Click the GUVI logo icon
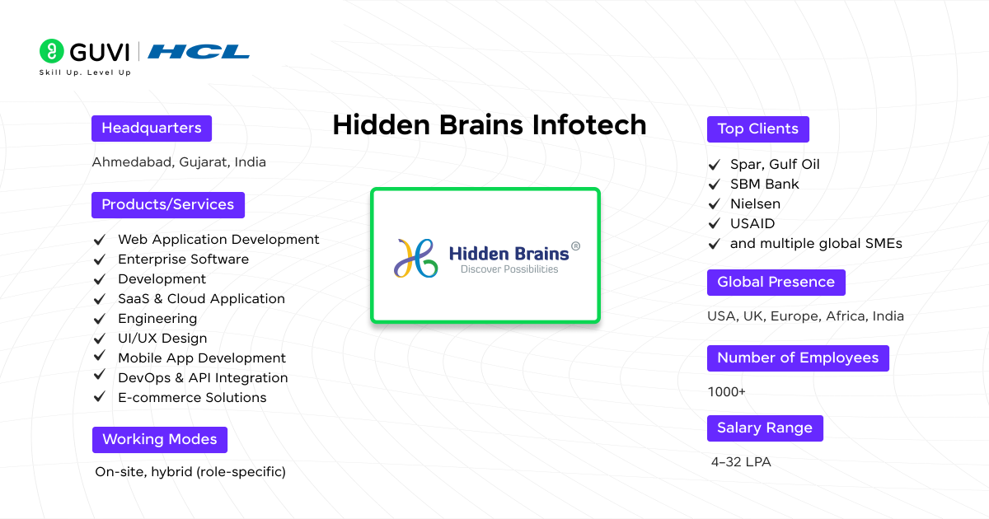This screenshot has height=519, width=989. point(51,51)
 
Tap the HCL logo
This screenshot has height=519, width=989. point(199,52)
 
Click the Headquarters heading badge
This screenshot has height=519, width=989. point(152,129)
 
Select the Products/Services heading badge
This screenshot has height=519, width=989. point(168,204)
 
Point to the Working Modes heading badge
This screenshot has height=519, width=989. point(160,439)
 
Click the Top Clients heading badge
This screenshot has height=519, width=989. point(757,129)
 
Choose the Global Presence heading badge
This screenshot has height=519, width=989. point(776,282)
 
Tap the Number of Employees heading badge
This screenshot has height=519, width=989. point(798,358)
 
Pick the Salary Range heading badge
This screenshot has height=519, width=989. point(765,428)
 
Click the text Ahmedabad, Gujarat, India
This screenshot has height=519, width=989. point(179,162)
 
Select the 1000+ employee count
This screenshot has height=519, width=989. point(726,392)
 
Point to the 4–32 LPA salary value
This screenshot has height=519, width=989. point(741,462)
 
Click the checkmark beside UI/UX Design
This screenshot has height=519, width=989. point(100,338)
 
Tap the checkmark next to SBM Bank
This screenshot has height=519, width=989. point(714,184)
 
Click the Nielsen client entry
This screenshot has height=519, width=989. point(755,203)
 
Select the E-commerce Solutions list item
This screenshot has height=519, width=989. point(192,397)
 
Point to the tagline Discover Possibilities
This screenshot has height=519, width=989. point(509,269)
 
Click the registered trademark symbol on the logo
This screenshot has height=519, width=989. point(575,245)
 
